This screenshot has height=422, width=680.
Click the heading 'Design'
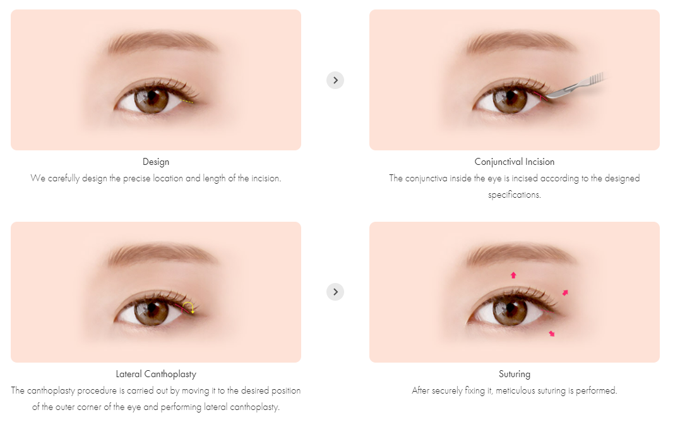pos(156,162)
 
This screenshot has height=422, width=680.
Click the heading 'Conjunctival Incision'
pos(515,162)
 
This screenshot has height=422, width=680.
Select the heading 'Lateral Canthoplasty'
pos(156,374)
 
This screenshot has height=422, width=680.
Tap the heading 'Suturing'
pos(515,374)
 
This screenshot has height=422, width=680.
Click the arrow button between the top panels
pos(335,80)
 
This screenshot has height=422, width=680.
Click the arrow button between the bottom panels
pos(335,292)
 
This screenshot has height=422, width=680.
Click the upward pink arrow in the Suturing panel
pos(513,275)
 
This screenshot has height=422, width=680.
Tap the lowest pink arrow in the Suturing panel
pos(552,333)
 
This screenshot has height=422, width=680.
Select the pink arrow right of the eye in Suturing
pos(565,292)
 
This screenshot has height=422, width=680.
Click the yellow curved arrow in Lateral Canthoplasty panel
pos(188,308)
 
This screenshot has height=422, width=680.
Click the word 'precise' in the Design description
pos(130,178)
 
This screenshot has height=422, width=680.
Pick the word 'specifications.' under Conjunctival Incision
pos(515,195)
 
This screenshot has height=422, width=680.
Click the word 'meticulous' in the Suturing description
pos(518,390)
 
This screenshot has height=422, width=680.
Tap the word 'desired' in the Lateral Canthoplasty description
pos(245,390)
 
